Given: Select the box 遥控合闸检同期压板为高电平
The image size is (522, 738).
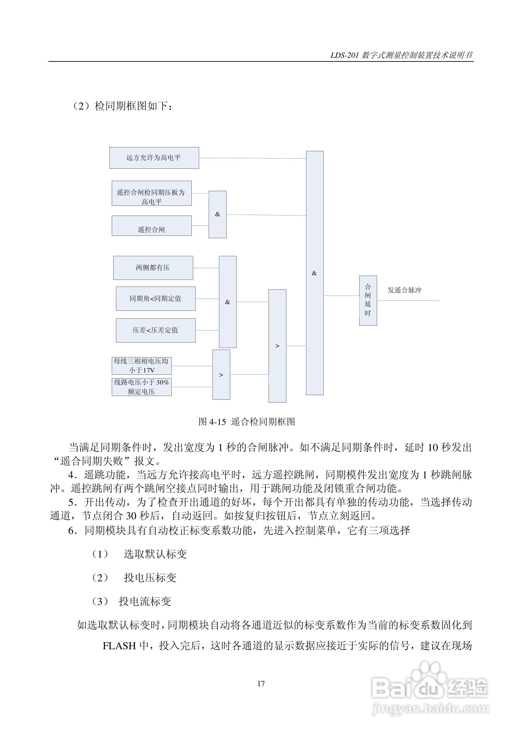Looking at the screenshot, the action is pyautogui.click(x=151, y=193).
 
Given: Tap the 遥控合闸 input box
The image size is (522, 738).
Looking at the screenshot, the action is pyautogui.click(x=151, y=226).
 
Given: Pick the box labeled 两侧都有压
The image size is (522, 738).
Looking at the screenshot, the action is pyautogui.click(x=153, y=268).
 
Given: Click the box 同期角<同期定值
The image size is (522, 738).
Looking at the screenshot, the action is pyautogui.click(x=155, y=299).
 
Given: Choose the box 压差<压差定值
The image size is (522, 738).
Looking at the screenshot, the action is pyautogui.click(x=155, y=330).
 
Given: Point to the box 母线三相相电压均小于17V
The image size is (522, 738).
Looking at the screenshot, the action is pyautogui.click(x=141, y=366).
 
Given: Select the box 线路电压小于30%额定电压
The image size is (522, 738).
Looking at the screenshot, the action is pyautogui.click(x=141, y=387).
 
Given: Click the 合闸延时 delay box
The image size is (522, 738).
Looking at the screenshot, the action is pyautogui.click(x=368, y=301).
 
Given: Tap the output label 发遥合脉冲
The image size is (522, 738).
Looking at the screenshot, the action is pyautogui.click(x=404, y=290).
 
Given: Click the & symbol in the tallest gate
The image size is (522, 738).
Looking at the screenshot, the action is pyautogui.click(x=314, y=273).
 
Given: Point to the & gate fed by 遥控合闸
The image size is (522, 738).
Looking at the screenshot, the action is pyautogui.click(x=217, y=214).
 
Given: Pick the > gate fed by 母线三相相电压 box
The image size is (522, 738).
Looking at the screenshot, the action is pyautogui.click(x=221, y=375).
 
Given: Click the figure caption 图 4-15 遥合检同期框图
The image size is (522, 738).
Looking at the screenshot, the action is pyautogui.click(x=247, y=422).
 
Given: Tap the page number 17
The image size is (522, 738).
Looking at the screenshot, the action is pyautogui.click(x=261, y=684).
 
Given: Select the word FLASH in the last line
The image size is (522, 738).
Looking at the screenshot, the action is pyautogui.click(x=119, y=646).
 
